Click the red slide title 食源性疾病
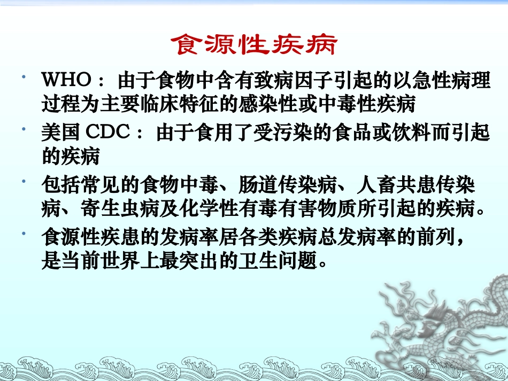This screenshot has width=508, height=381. coord(254,45)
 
